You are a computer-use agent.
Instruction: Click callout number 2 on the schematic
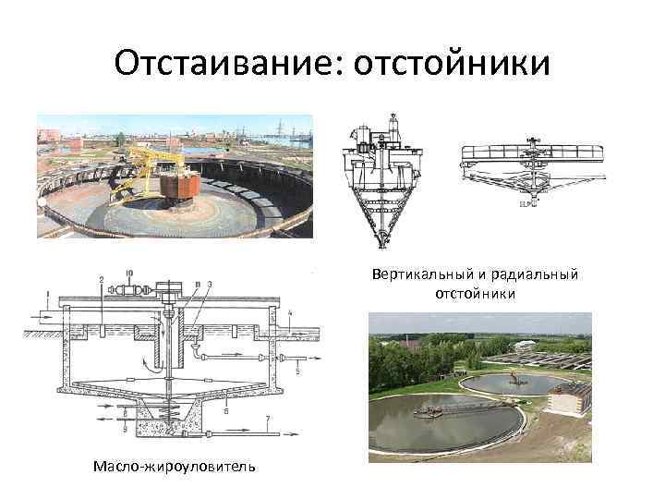click(100, 278)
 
